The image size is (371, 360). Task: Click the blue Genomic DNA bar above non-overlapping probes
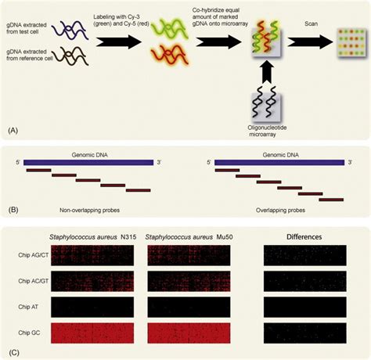[x=88, y=162]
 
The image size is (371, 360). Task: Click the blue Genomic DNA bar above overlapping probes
[x=279, y=162]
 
